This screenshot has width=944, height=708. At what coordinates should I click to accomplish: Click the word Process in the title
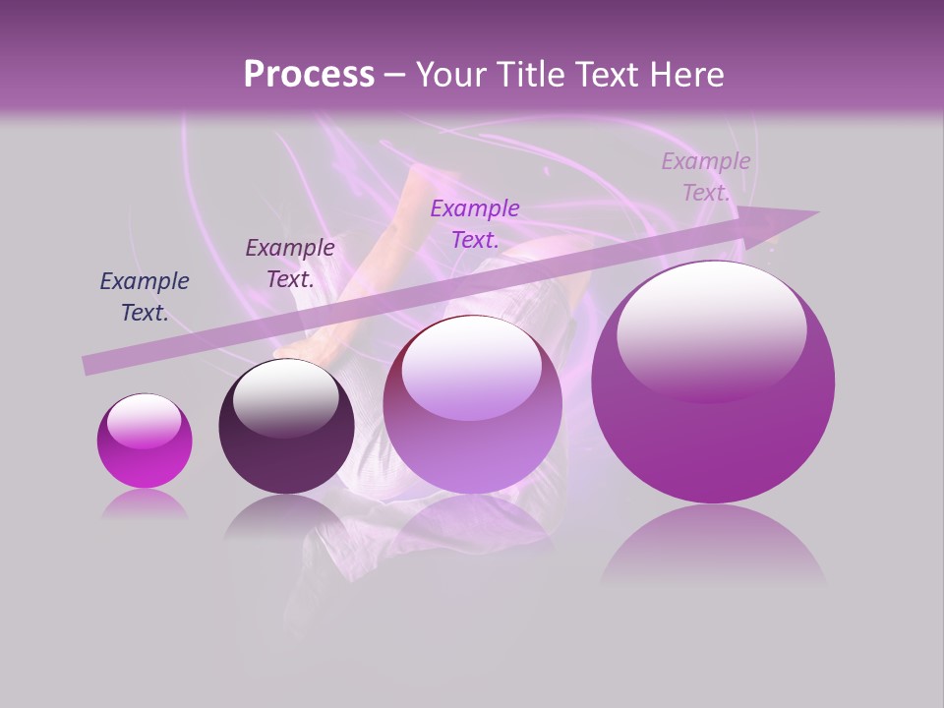click(x=309, y=75)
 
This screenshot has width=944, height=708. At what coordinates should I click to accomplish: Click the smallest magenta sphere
click(x=145, y=442)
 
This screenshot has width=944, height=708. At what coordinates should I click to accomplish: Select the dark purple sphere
click(x=286, y=428)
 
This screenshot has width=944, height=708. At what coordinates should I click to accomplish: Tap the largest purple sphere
click(x=713, y=383)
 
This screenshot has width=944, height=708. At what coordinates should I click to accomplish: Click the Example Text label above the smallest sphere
click(x=145, y=297)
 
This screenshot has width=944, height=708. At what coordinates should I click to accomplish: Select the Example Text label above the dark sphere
click(x=290, y=264)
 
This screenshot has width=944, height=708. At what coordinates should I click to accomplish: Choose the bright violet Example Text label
click(x=475, y=223)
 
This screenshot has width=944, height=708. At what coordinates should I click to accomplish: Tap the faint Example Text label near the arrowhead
click(x=705, y=177)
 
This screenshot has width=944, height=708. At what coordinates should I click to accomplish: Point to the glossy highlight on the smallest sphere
click(x=144, y=421)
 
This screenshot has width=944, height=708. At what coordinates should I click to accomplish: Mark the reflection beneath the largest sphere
click(x=713, y=546)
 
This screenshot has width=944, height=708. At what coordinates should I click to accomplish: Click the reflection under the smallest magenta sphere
click(x=145, y=504)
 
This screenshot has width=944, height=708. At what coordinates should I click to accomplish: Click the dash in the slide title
click(x=394, y=75)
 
